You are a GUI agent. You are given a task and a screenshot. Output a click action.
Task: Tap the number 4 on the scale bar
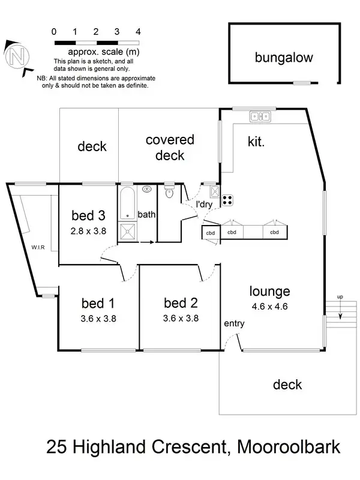coord(138,31)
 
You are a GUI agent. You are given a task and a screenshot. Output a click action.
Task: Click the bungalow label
coord(284,58)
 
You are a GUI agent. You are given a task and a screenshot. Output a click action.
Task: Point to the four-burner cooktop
coord(228,199)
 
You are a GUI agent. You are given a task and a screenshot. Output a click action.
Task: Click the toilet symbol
coord(170,192)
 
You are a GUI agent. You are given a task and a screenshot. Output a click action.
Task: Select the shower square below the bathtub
coord(128,231)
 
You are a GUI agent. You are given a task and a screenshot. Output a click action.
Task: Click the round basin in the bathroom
coord(147,189)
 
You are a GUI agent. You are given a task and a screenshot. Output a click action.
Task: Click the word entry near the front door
coord(234,324)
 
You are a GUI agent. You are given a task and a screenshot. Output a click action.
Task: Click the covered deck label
coord(170,148)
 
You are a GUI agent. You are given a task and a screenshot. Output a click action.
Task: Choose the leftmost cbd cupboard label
coord(211,233)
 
